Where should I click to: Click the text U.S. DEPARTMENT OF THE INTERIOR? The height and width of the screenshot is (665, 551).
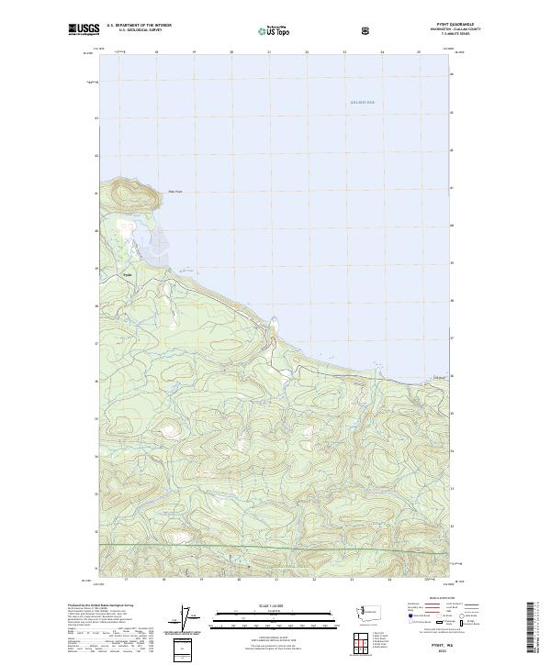pos(139,26)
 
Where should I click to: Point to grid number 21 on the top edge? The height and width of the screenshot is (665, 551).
pos(268,53)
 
